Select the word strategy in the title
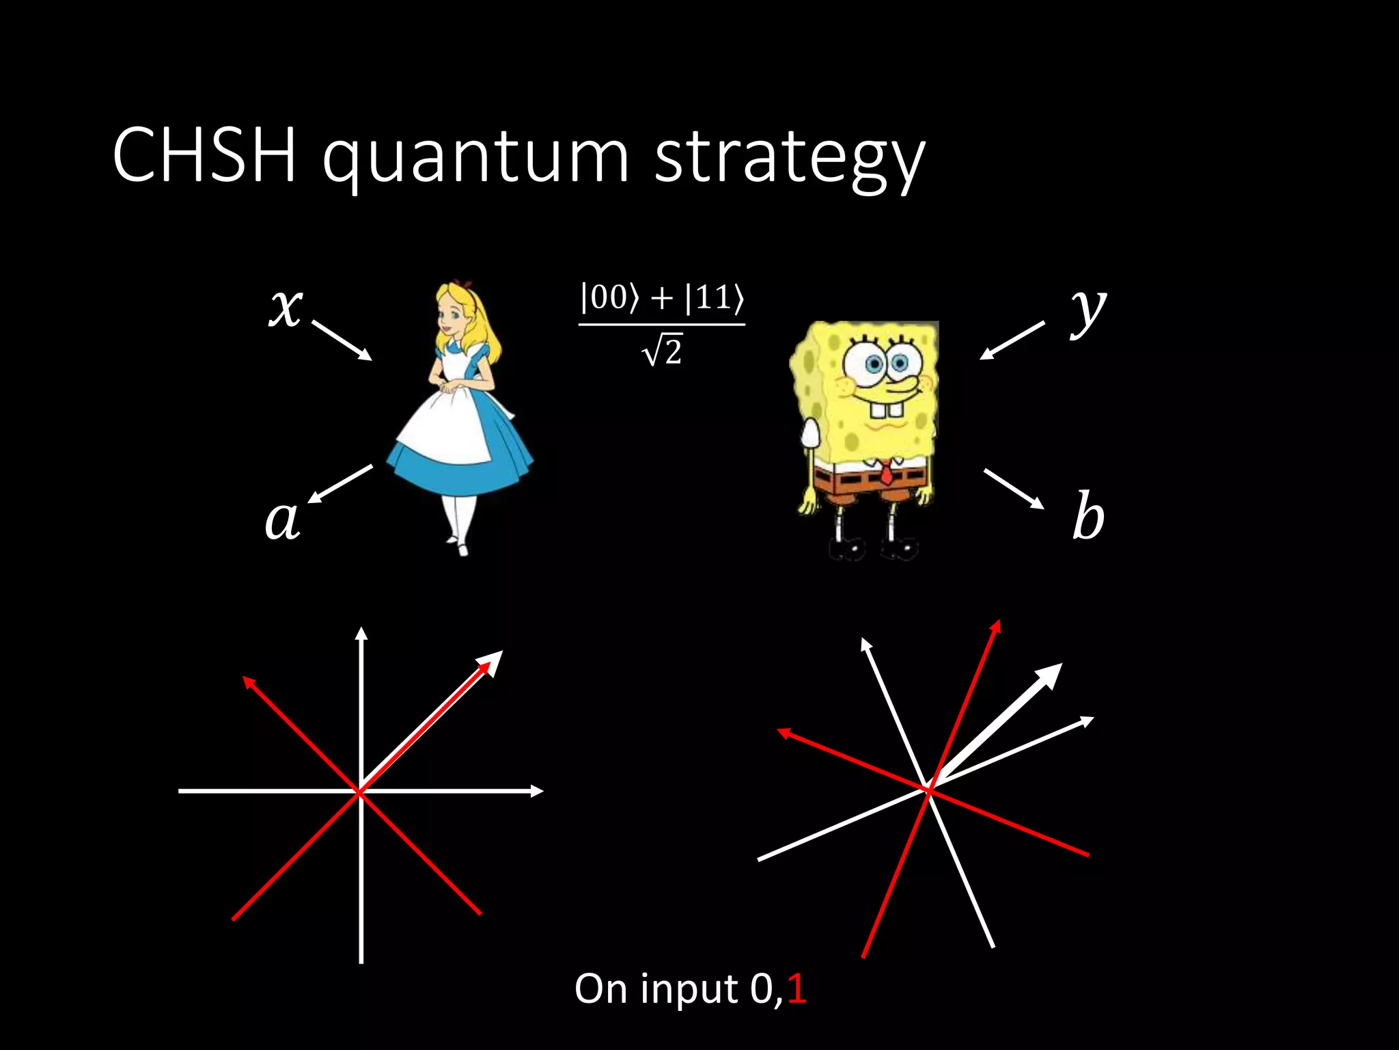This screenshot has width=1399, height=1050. pyautogui.click(x=789, y=159)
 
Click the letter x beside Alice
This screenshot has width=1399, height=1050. pyautogui.click(x=286, y=307)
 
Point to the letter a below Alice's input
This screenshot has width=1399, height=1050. pyautogui.click(x=282, y=519)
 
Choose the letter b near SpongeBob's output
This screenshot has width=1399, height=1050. pyautogui.click(x=1088, y=517)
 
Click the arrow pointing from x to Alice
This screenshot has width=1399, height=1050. pyautogui.click(x=342, y=340)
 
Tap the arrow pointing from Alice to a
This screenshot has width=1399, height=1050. pyautogui.click(x=341, y=484)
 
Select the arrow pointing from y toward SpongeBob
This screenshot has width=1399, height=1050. pyautogui.click(x=1012, y=340)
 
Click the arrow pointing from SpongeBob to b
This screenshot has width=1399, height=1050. pyautogui.click(x=1014, y=489)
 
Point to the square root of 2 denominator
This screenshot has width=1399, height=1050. pyautogui.click(x=663, y=351)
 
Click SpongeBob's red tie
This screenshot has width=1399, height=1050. pyautogui.click(x=885, y=472)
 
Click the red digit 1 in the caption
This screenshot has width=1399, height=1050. pyautogui.click(x=797, y=988)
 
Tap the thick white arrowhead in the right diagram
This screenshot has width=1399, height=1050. pyautogui.click(x=1049, y=676)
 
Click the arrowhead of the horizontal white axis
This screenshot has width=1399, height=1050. pyautogui.click(x=537, y=791)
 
